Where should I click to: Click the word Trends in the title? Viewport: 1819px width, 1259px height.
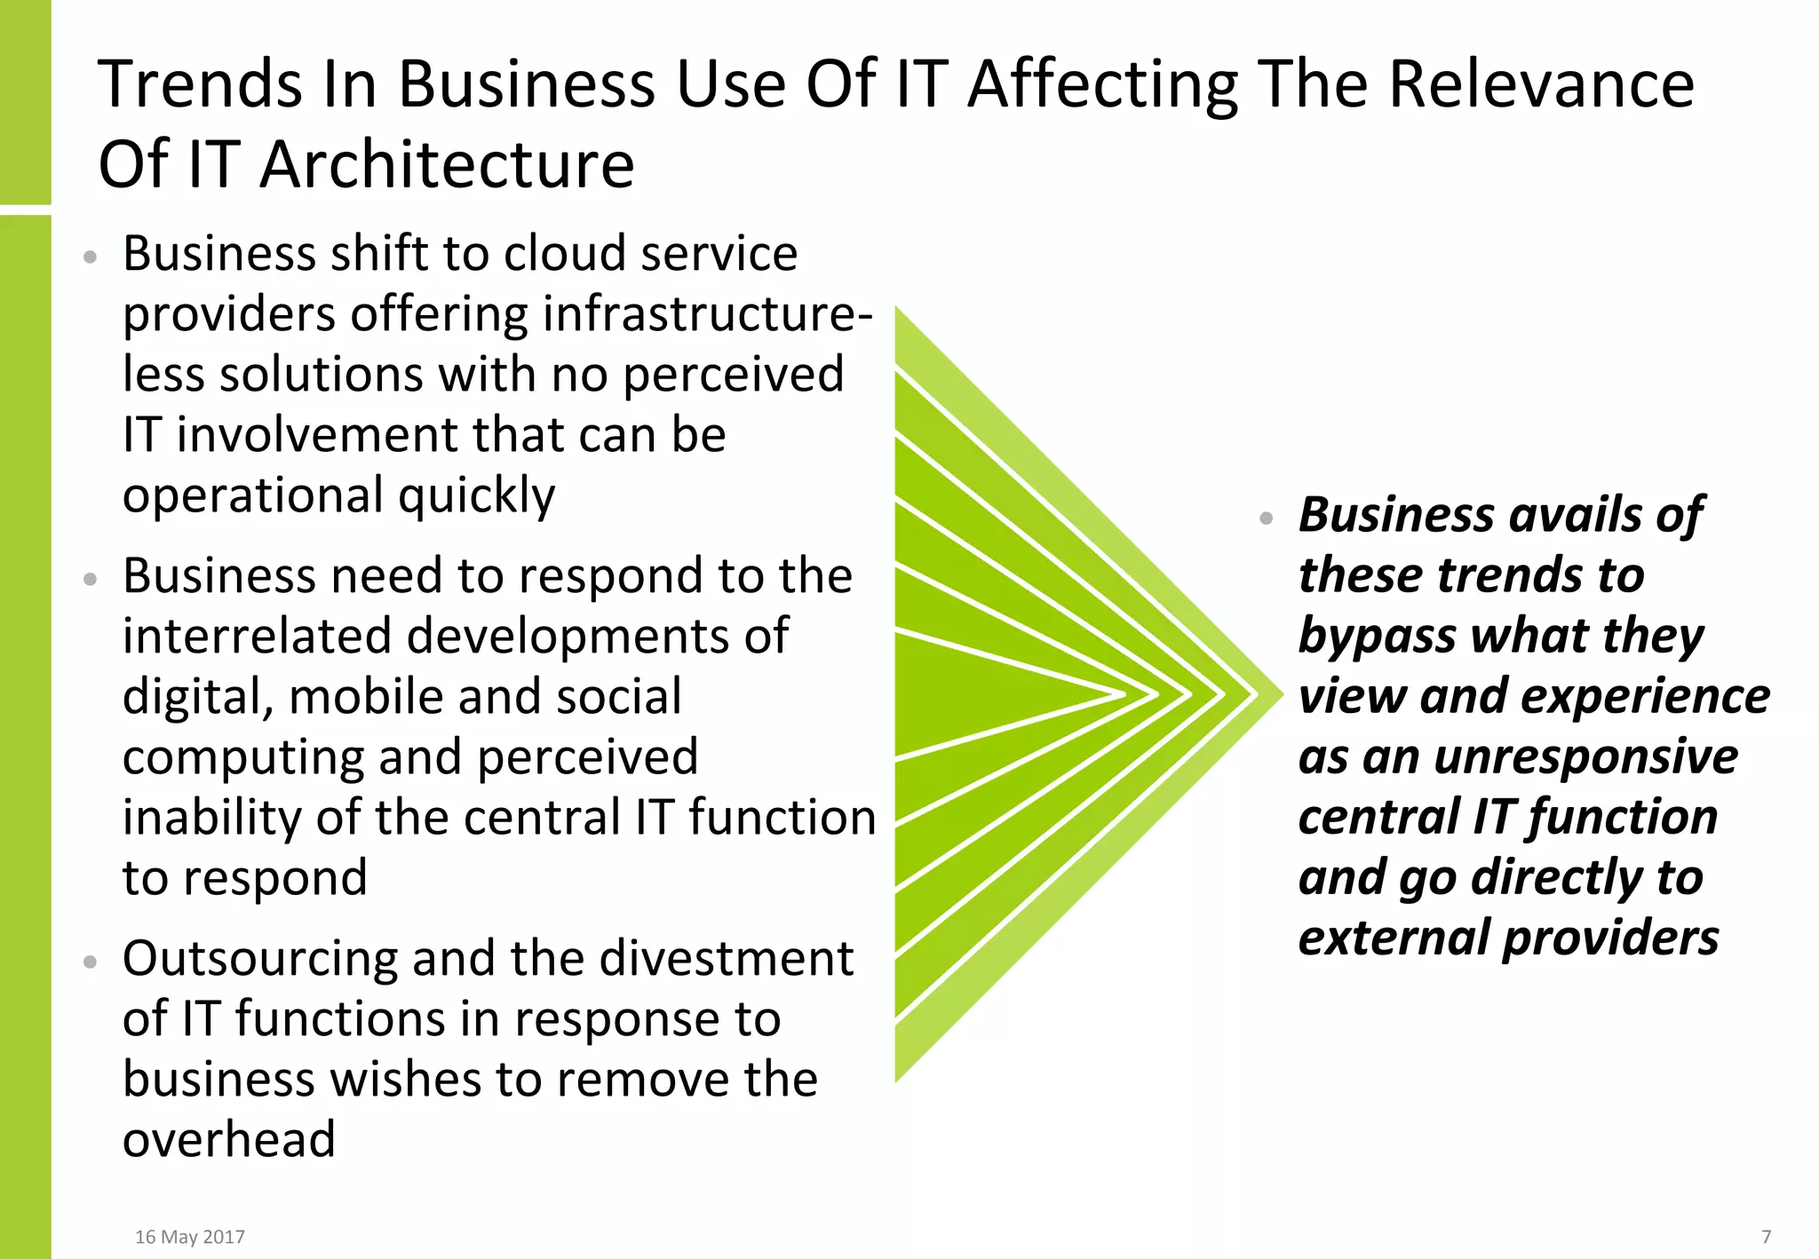[x=201, y=83]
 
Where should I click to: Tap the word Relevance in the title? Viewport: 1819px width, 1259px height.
[x=1541, y=83]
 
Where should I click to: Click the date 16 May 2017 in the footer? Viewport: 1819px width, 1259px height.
[x=189, y=1237]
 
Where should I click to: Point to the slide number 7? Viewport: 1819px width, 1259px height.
[x=1766, y=1237]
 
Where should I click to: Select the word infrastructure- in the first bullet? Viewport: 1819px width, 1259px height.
[x=707, y=314]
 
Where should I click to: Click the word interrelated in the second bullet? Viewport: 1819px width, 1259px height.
[x=257, y=637]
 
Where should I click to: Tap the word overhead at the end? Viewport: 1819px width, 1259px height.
[x=229, y=1140]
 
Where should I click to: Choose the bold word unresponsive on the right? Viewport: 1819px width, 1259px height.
[x=1585, y=757]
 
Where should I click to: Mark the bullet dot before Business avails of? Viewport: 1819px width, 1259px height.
[x=1267, y=519]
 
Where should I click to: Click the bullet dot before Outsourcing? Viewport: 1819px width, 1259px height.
[x=89, y=962]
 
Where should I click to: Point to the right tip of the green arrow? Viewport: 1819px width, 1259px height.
[x=1281, y=693]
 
